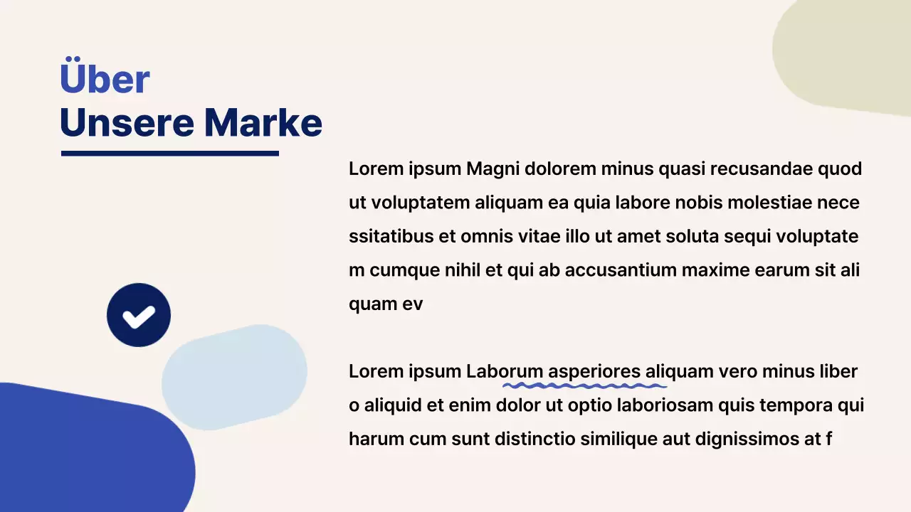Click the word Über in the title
click(x=105, y=78)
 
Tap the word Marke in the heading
click(x=263, y=123)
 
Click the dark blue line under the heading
click(x=169, y=153)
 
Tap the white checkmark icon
click(x=139, y=316)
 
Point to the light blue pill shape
click(x=234, y=377)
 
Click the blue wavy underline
click(x=584, y=386)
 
